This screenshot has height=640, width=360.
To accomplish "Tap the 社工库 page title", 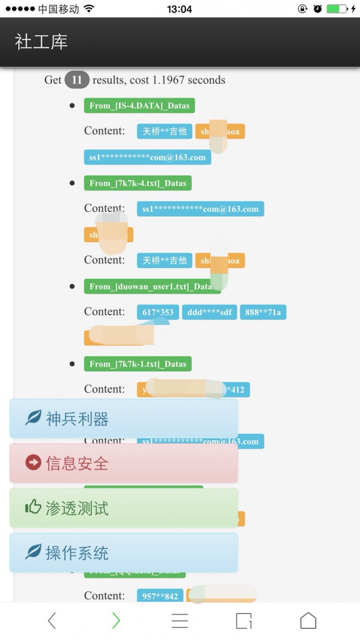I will (42, 42).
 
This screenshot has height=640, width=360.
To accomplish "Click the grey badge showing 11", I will (77, 80).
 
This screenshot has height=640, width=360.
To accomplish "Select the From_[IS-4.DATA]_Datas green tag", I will (139, 106).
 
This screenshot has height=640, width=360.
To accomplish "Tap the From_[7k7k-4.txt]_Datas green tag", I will (138, 183).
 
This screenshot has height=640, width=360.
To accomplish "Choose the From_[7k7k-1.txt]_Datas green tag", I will (138, 364).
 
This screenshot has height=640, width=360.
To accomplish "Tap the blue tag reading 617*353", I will (158, 312).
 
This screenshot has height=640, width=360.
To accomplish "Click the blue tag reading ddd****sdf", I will (210, 312).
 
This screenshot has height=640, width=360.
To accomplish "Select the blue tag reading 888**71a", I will (263, 312).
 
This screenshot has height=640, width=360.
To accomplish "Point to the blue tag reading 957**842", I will (160, 596).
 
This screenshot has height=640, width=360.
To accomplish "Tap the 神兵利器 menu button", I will (124, 419).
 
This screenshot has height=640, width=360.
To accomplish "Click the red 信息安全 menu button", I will (124, 463).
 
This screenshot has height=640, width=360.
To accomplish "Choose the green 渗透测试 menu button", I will (124, 508).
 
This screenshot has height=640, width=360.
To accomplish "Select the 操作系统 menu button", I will (124, 552).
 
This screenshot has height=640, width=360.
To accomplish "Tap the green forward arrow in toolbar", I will (116, 621).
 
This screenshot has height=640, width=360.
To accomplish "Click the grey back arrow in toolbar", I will (52, 621).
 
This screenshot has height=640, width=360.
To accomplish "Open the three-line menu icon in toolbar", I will (180, 621).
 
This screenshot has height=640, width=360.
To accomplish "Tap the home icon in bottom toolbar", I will (308, 621).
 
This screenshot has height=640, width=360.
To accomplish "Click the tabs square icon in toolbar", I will (244, 621).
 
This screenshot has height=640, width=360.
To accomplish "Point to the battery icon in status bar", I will (337, 9).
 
